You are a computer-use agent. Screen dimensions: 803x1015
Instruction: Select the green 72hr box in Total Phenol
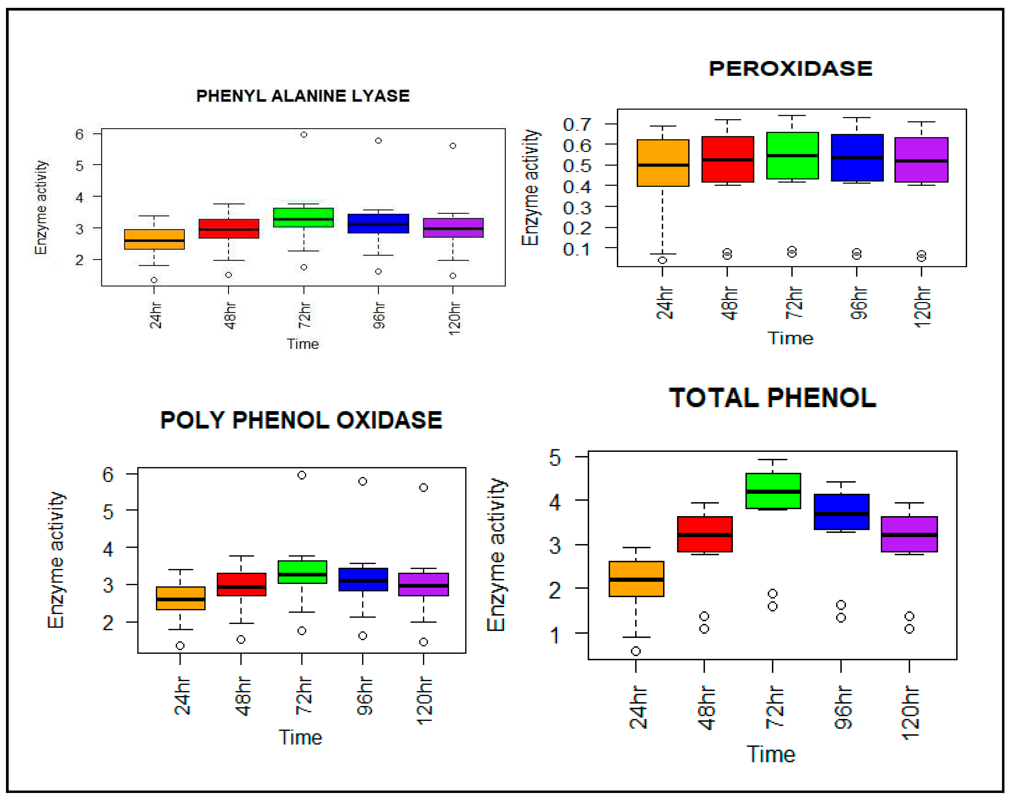[773, 490]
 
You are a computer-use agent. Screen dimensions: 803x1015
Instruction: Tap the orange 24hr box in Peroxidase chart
[662, 163]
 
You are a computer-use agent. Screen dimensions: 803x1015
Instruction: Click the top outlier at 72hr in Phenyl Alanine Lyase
[304, 134]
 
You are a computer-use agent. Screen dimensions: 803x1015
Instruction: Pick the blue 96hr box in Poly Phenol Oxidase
[363, 579]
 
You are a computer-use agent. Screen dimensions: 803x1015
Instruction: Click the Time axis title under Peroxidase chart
[790, 338]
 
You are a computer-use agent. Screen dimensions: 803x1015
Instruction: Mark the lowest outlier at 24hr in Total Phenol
[636, 651]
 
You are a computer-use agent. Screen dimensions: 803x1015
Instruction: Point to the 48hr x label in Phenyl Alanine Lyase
[229, 315]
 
